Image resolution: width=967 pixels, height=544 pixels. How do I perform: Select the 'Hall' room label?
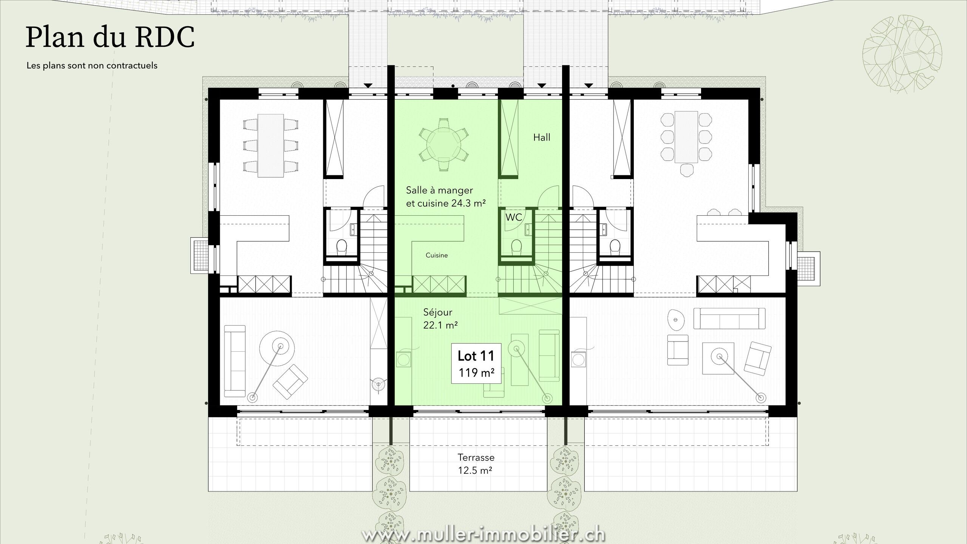coord(542,138)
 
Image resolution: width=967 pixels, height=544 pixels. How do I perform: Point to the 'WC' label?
coord(514,217)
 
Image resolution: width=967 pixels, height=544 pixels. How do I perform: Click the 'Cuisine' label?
coord(437,255)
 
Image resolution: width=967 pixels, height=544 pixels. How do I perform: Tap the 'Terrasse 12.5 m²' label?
coord(476,464)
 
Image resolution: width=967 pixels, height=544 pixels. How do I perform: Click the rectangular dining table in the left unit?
coord(270,145)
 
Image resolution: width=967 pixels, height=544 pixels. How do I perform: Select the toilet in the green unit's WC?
coord(516,248)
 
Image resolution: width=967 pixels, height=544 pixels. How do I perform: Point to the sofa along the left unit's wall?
coord(235,361)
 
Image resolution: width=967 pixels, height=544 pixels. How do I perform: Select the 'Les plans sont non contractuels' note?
coord(92,65)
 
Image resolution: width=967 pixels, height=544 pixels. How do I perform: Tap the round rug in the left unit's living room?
coord(277,348)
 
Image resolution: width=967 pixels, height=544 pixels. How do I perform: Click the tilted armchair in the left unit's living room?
coord(290,383)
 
